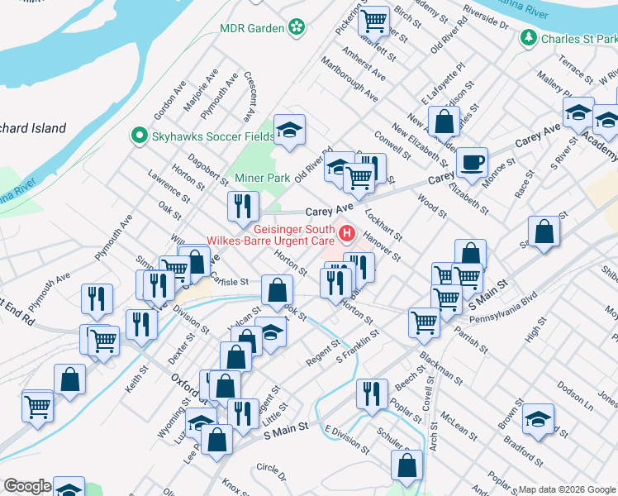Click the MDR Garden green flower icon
coord(297,27)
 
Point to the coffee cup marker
coord(472,162)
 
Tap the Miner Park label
coord(262,178)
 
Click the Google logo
coord(26,486)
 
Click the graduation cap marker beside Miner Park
coord(290,129)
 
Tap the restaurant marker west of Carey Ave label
coord(243,207)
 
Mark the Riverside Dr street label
coord(486,18)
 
